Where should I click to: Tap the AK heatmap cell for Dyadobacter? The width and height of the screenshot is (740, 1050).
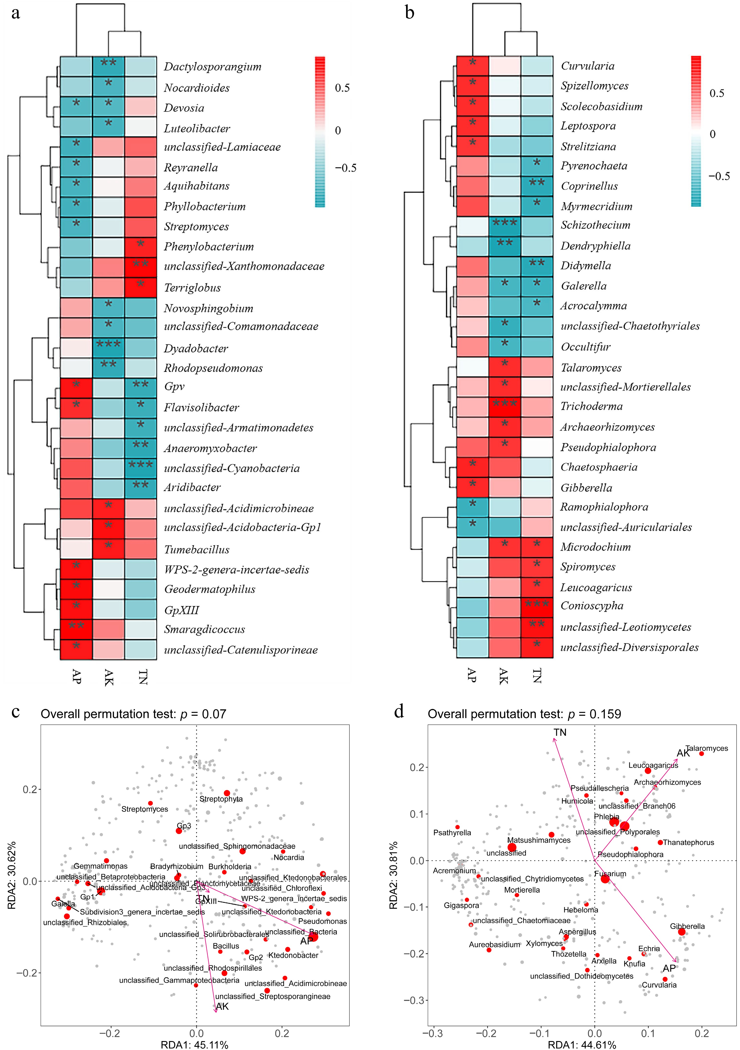coord(108,348)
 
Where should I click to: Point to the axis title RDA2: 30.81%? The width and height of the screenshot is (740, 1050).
coord(393,875)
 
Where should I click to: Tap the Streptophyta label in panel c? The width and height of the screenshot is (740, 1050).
coord(221,799)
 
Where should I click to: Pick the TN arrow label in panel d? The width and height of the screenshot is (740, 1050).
coord(560,733)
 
